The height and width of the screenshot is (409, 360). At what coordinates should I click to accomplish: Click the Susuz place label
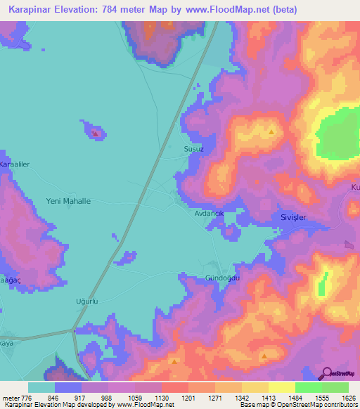pos(193,150)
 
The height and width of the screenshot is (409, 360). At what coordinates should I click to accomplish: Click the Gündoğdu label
pos(222,278)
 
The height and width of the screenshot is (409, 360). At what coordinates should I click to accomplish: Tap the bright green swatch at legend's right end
pos(335,387)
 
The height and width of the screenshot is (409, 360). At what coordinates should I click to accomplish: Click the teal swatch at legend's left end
pos(41,387)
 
